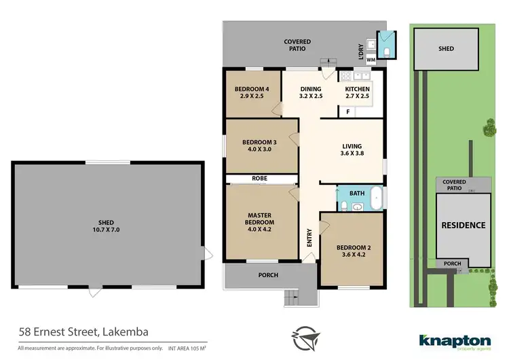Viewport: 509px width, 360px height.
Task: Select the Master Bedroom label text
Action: [x=261, y=219]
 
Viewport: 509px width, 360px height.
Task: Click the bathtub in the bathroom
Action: [x=377, y=198]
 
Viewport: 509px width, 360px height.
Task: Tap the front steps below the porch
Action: [x=291, y=297]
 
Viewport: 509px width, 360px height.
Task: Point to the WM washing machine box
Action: [x=371, y=60]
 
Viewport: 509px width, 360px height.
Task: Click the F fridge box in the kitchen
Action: [x=348, y=111]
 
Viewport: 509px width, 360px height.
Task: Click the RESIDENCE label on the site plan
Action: [x=464, y=226]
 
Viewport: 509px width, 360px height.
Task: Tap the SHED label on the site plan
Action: [x=446, y=49]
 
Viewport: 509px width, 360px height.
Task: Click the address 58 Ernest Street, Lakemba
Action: [x=83, y=332]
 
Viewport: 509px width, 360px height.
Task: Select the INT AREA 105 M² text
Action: [x=182, y=348]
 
